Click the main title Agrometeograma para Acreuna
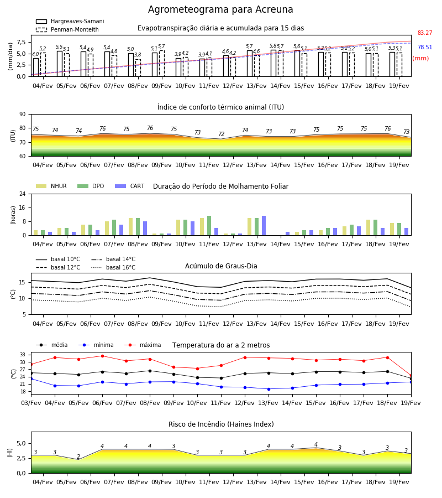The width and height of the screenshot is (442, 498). pos(220,9)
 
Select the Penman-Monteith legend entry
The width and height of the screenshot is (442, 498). pos(67,29)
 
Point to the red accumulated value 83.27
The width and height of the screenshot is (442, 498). pos(425,33)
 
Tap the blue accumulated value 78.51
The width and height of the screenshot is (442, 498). pos(425,48)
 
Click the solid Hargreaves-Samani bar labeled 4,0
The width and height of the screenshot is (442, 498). pos(36,68)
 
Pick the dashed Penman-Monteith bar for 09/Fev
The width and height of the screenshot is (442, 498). pos(162,64)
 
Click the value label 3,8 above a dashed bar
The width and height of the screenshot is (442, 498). pos(138,55)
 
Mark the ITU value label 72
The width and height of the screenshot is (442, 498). pos(222,134)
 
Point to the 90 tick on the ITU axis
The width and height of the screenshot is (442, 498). pos(23,115)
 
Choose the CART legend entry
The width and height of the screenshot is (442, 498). pos(130,186)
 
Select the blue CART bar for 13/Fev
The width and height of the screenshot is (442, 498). pos(264,226)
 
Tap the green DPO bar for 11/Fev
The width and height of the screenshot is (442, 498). pos(209,226)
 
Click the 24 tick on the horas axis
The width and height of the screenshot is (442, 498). pos(23,194)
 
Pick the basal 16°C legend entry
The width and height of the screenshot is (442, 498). pos(113,267)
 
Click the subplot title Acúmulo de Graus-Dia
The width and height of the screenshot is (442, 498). pos(221,266)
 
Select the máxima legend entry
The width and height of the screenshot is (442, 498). pos(143,345)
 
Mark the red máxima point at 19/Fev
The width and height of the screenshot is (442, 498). pos(411,376)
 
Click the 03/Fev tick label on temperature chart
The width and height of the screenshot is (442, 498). pos(31,403)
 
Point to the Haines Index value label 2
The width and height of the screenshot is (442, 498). pos(78,456)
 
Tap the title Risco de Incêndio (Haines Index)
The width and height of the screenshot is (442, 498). pos(221,424)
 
